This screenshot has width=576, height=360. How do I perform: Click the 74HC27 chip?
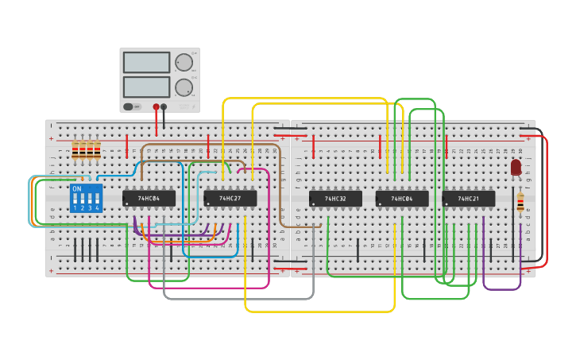click(230, 198)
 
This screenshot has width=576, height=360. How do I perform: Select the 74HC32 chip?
click(335, 199)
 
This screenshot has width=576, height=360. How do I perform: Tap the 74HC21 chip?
click(468, 199)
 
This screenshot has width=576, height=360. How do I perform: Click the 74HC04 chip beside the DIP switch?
click(149, 198)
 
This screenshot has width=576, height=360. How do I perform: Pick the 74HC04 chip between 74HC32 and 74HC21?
click(402, 199)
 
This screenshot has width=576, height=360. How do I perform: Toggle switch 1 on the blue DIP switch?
click(75, 199)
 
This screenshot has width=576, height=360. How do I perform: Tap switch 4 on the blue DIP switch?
click(97, 199)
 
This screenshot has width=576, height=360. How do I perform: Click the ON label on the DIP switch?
click(77, 189)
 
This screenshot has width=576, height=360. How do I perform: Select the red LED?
click(516, 167)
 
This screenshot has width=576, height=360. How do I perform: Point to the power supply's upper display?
click(147, 62)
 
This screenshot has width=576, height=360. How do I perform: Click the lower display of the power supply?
click(147, 87)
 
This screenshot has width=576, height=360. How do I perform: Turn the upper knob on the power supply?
click(184, 63)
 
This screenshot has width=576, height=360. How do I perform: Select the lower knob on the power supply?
click(184, 87)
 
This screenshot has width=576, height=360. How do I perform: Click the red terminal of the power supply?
click(156, 106)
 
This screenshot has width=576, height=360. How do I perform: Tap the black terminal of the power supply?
click(164, 106)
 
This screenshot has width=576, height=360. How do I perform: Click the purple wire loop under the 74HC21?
click(501, 288)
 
